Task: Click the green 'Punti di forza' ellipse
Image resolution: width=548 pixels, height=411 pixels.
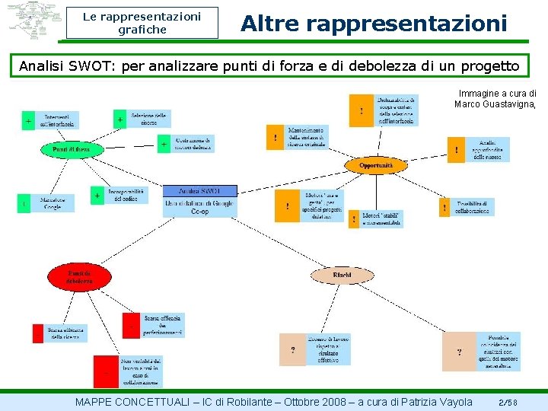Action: pos(71,150)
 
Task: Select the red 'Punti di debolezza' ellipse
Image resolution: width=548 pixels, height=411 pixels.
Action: pos(79,276)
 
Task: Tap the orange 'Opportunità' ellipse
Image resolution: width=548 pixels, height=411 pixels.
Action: pos(376,165)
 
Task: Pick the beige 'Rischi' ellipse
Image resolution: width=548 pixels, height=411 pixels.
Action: pos(342,274)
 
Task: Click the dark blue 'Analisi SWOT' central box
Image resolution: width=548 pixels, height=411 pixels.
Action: pos(200,190)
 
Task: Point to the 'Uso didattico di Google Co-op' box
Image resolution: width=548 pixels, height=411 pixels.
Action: pos(200,206)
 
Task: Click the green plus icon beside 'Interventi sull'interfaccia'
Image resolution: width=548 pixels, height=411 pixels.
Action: pos(28,121)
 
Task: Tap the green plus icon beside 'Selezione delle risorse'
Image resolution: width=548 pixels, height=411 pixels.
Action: pos(120,119)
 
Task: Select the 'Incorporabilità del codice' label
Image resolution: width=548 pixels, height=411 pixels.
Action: pos(126,196)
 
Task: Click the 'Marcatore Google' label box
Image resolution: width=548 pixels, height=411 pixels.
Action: pos(53,203)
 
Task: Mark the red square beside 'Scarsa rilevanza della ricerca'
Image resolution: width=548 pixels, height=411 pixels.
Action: pos(38,333)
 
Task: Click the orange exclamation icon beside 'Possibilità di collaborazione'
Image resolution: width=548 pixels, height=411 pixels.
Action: pos(444,206)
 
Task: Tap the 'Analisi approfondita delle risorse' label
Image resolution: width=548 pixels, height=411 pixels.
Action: pos(488,149)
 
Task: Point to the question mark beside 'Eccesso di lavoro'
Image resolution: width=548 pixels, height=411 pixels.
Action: pos(293,349)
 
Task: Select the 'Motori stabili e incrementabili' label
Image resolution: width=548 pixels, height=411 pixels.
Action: pos(381,218)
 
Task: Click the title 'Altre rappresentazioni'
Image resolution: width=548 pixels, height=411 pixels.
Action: pos(374,24)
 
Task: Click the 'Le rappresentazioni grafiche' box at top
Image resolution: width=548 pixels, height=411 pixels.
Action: pos(142,23)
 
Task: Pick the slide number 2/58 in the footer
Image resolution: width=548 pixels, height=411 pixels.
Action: pos(508,402)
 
